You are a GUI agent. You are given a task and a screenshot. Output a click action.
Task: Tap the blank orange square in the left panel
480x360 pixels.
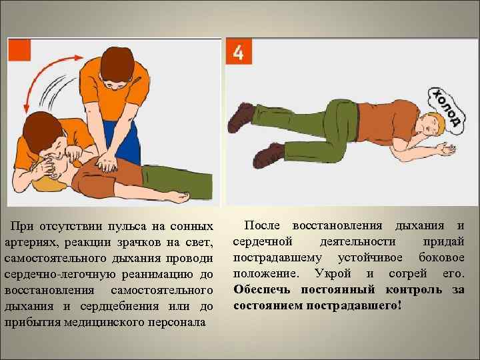19,51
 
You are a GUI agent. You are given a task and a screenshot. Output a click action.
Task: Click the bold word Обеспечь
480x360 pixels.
264,290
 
